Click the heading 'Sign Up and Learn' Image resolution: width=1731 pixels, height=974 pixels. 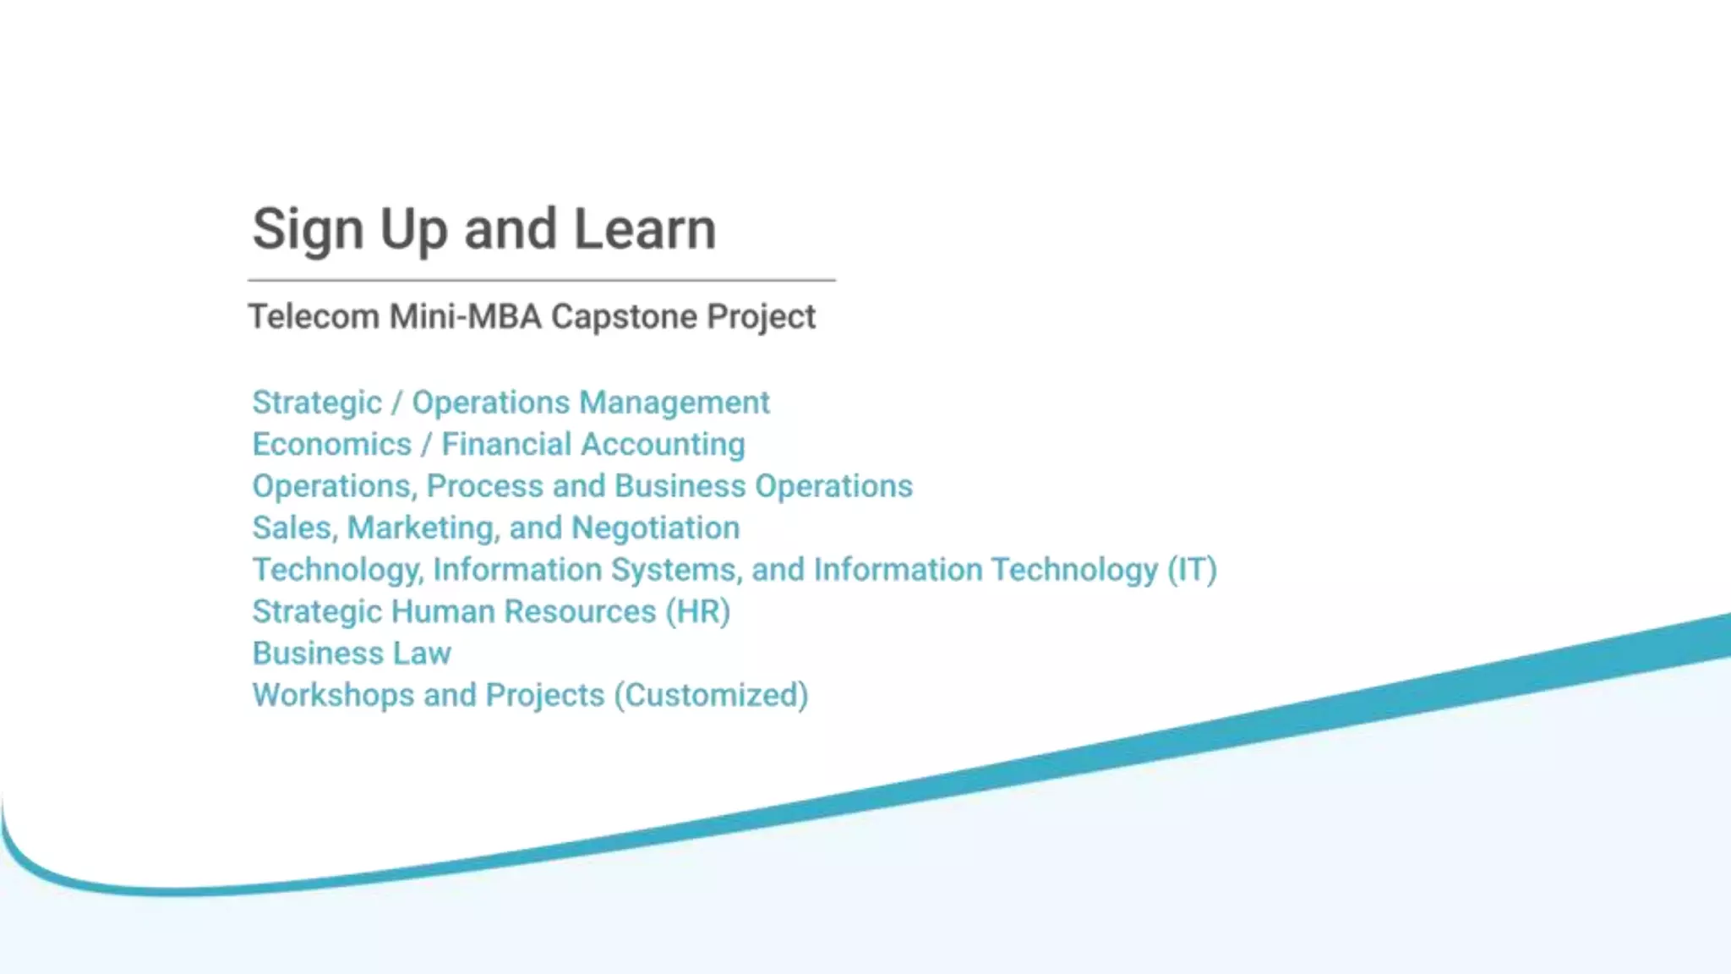point(483,229)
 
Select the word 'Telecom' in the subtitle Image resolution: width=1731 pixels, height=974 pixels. point(314,317)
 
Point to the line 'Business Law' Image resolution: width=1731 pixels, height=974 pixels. point(352,654)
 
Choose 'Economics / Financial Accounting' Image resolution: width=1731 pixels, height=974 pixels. point(499,445)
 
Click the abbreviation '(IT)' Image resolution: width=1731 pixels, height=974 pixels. point(1192,570)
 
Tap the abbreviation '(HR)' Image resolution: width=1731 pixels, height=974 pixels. point(697,611)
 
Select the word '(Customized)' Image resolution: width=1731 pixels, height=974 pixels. point(711,695)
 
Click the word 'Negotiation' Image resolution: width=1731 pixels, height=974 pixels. point(655,528)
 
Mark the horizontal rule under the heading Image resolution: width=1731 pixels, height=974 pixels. point(541,280)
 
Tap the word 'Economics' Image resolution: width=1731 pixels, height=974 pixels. point(331,445)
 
